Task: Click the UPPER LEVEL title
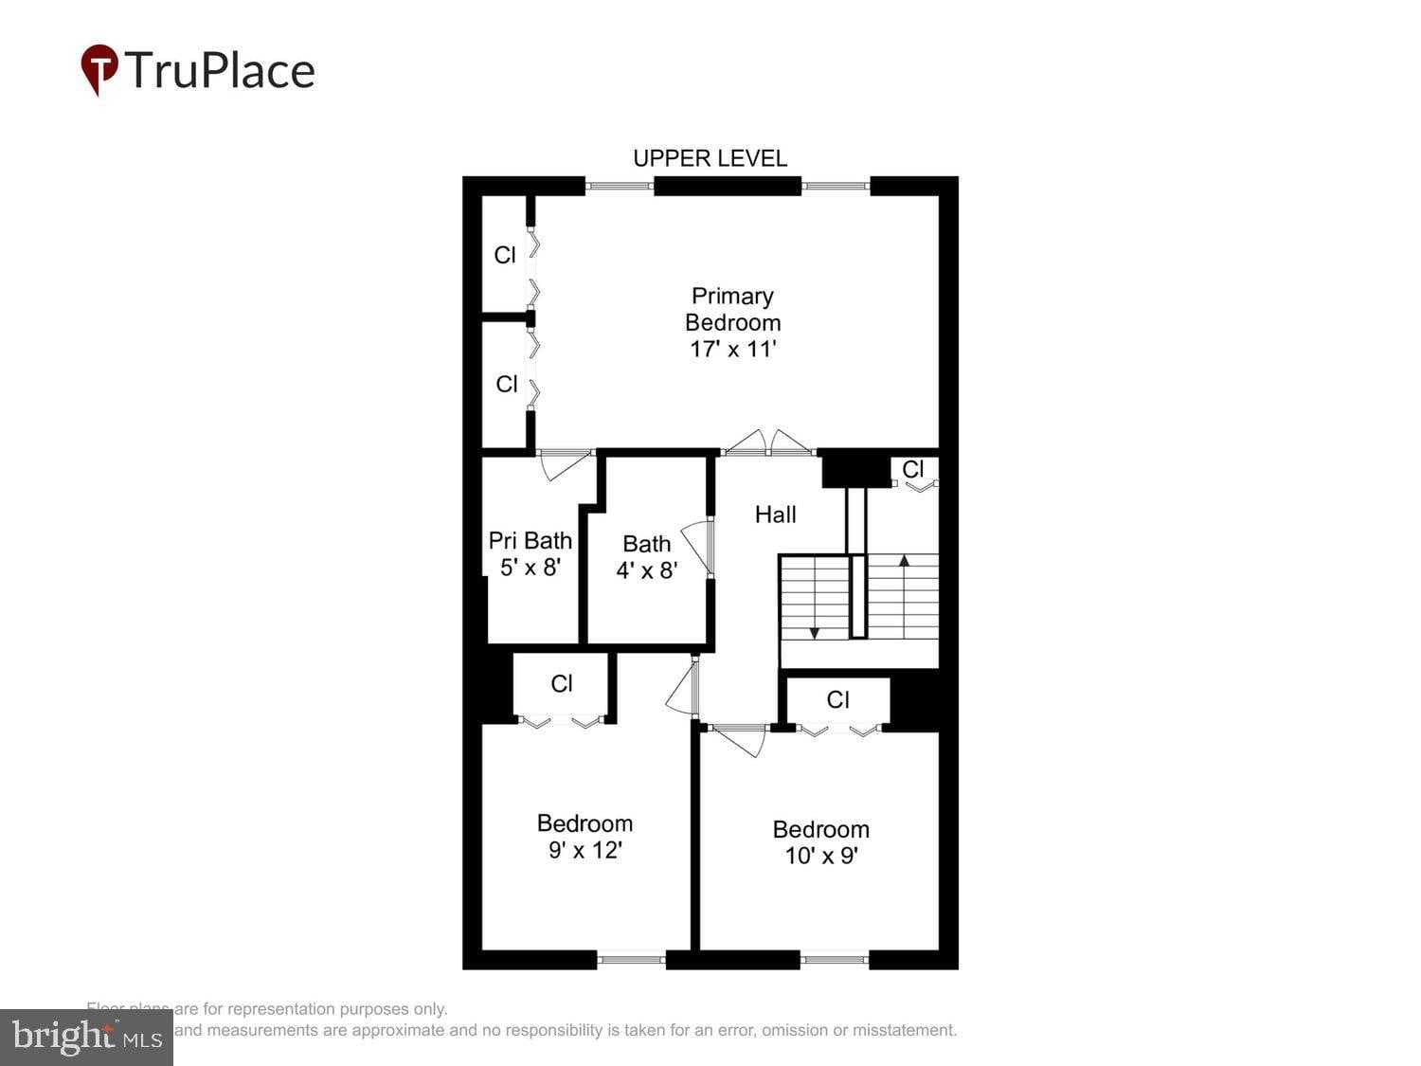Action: [x=710, y=158]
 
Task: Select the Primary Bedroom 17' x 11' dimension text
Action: [x=732, y=350]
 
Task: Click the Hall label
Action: [x=775, y=515]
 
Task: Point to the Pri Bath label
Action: [x=530, y=541]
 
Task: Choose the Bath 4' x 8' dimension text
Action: [x=646, y=570]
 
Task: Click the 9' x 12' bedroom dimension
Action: [x=585, y=851]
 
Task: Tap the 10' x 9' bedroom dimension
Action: [x=820, y=857]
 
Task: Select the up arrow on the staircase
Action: [x=904, y=561]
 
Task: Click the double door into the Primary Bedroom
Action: [x=768, y=443]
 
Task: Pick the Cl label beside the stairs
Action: [x=912, y=469]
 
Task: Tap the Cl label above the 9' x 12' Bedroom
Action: [x=562, y=683]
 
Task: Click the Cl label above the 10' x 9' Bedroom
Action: [x=837, y=700]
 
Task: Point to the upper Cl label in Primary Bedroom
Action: [x=505, y=255]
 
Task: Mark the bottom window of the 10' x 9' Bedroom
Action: [x=835, y=960]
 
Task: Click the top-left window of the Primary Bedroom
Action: [x=620, y=186]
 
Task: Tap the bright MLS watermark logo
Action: [x=86, y=1038]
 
